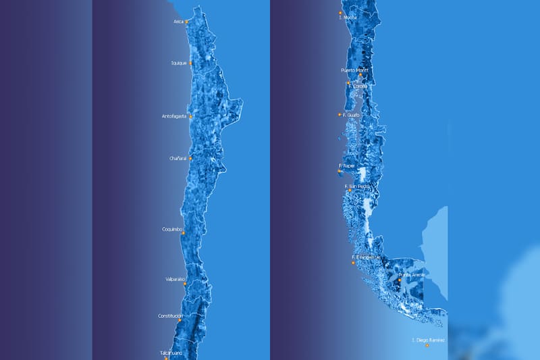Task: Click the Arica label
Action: pyautogui.click(x=178, y=22)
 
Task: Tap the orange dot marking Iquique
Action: pyautogui.click(x=190, y=63)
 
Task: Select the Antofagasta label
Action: pyautogui.click(x=174, y=116)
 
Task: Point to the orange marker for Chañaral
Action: pyautogui.click(x=190, y=159)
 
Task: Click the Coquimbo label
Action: pyautogui.click(x=171, y=229)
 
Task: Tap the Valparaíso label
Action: pyautogui.click(x=175, y=279)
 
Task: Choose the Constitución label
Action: pyautogui.click(x=170, y=315)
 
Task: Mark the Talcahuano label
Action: pyautogui.click(x=171, y=353)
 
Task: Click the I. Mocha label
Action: pyautogui.click(x=350, y=17)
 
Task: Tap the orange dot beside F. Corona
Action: pyautogui.click(x=348, y=83)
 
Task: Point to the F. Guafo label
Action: pyautogui.click(x=351, y=115)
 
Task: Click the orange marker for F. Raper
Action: pyautogui.click(x=340, y=171)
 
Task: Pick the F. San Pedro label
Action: pyautogui.click(x=358, y=186)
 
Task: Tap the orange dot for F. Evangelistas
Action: pyautogui.click(x=352, y=263)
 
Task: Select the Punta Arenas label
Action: pyautogui.click(x=412, y=275)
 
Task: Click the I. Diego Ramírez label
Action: pyautogui.click(x=429, y=339)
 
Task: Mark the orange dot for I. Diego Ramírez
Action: pyautogui.click(x=427, y=345)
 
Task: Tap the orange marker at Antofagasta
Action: pyautogui.click(x=190, y=117)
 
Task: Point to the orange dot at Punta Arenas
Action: pyautogui.click(x=400, y=280)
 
